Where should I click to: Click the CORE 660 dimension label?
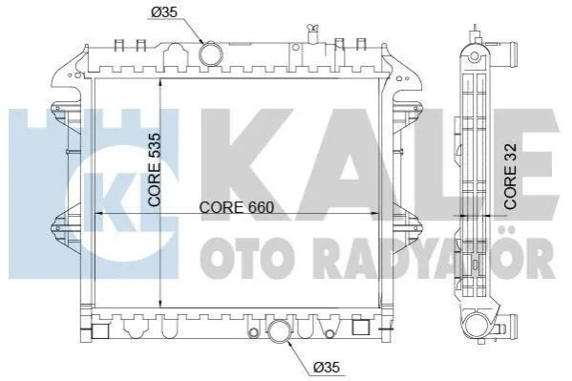(x=237, y=207)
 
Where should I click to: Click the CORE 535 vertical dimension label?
(x=155, y=170)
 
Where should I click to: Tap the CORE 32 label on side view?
(x=510, y=177)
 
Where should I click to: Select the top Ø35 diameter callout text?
(x=164, y=12)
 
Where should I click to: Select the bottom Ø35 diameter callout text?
(x=327, y=367)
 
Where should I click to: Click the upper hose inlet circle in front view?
(x=210, y=54)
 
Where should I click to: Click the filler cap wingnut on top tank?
(x=312, y=27)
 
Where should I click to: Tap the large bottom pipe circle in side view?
(x=478, y=326)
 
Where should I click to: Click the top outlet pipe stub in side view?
(x=505, y=51)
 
